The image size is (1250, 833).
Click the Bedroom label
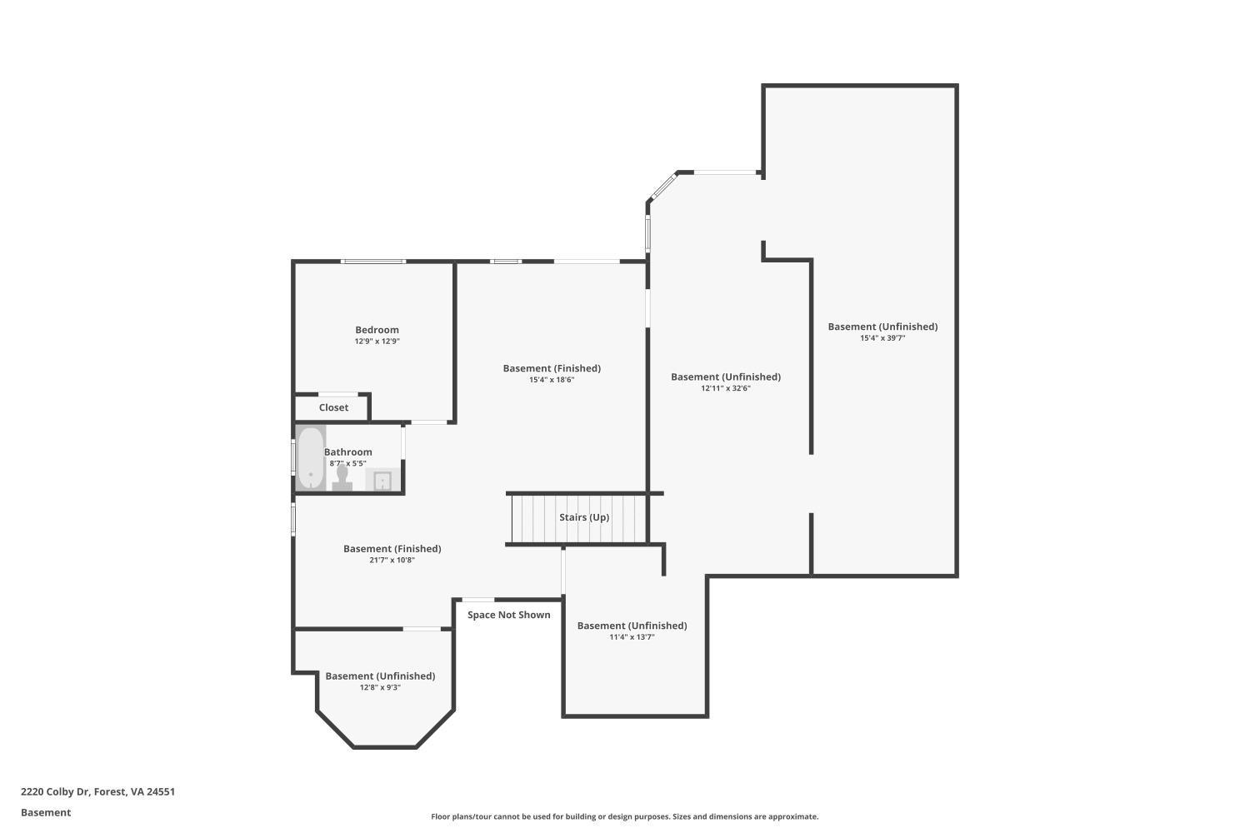coord(377,330)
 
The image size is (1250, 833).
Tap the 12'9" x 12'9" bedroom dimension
coord(377,342)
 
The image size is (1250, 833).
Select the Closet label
coord(333,407)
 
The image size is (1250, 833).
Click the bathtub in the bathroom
coord(311,458)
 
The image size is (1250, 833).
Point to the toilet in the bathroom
coord(342,478)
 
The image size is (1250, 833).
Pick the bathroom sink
coord(382,481)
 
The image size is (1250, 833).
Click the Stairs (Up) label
coord(583,517)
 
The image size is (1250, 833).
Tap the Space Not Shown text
coord(508,615)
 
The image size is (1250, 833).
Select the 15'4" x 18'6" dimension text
coord(552,380)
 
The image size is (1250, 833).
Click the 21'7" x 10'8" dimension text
coord(392,561)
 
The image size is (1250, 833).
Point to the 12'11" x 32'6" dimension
coord(725,388)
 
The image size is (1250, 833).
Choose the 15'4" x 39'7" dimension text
coord(882,338)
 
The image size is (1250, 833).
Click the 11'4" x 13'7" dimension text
coord(632,637)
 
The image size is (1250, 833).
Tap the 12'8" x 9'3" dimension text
coord(380,688)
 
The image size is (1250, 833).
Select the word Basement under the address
coord(46,812)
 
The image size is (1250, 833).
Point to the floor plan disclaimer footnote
coord(624,816)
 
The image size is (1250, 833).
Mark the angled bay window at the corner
coord(663,186)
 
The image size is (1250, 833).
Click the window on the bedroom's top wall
coord(373,262)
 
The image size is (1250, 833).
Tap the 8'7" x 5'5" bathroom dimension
coord(347,463)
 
